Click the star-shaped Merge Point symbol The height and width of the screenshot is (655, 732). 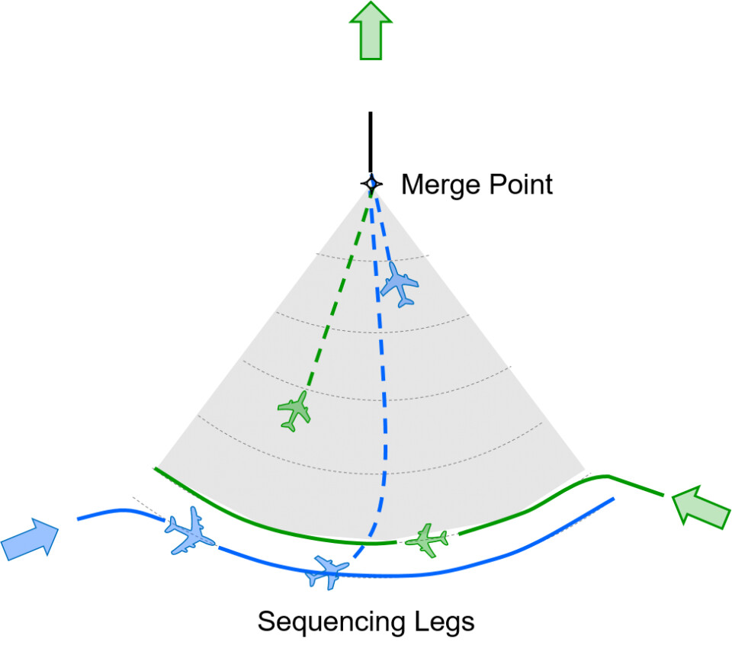coord(371,184)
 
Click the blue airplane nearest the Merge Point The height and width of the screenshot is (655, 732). coord(399,284)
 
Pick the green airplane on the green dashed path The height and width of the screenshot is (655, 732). coord(294,410)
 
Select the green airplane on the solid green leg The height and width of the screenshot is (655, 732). coord(427,540)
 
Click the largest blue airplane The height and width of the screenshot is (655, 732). coord(188,529)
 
